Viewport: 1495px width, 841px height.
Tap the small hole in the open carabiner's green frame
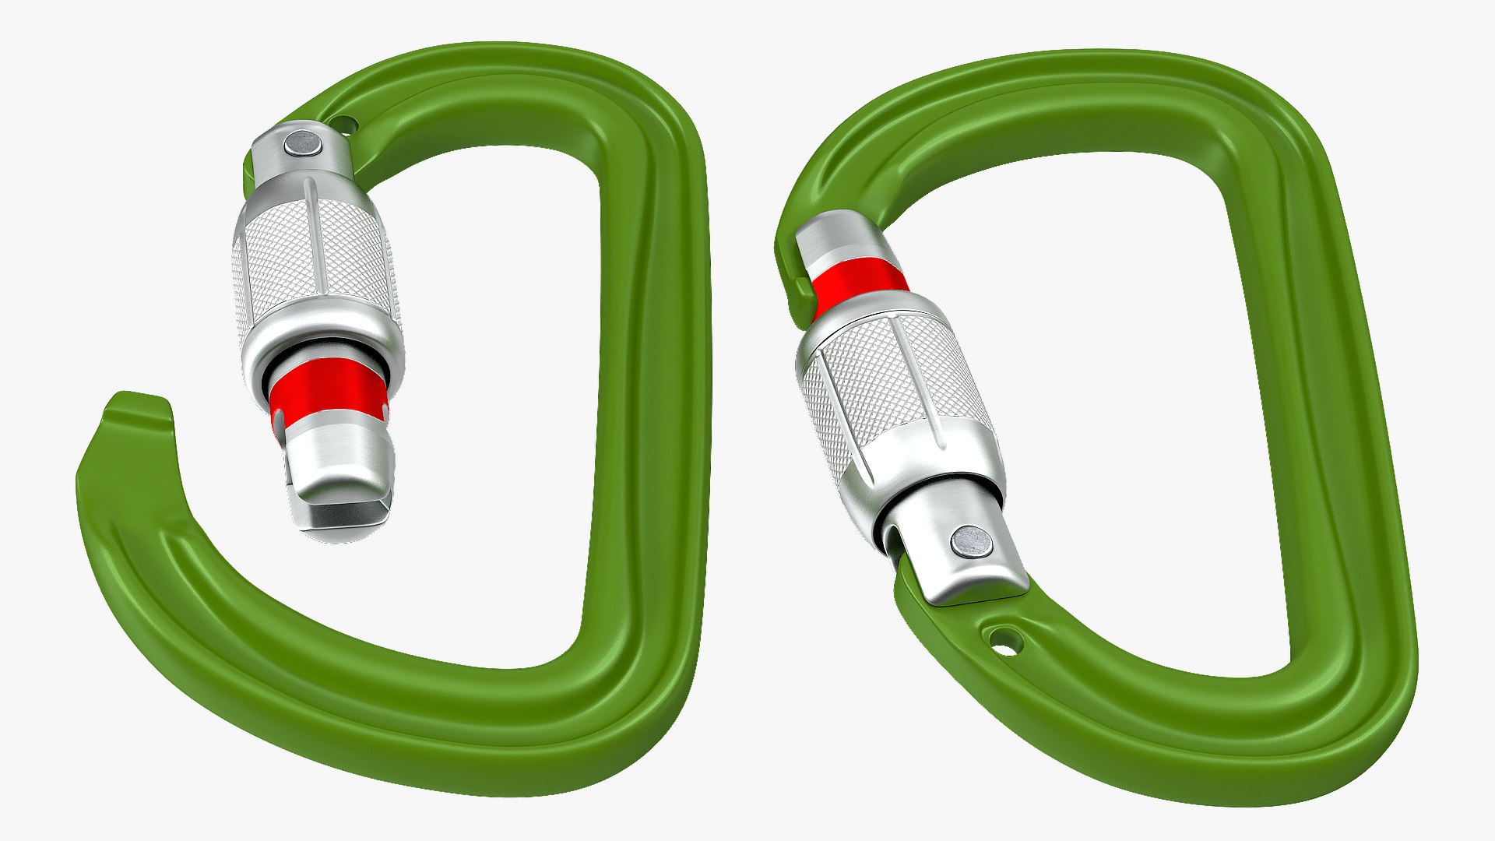tap(343, 123)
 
